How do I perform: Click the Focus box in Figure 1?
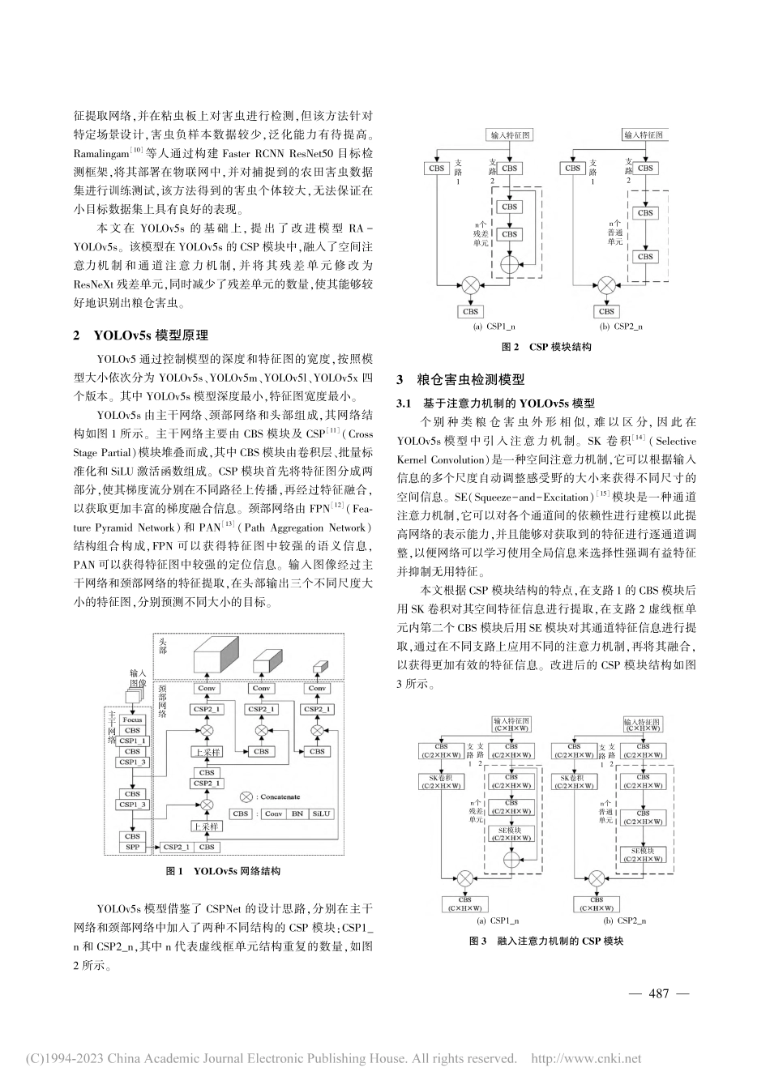click(132, 720)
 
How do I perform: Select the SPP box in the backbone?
click(132, 847)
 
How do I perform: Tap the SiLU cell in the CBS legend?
click(321, 814)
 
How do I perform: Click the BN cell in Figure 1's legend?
click(297, 814)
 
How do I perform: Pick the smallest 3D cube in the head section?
click(317, 667)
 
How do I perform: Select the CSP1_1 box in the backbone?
click(132, 741)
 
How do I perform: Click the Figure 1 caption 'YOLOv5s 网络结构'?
click(234, 872)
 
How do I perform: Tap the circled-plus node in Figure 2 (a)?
click(510, 264)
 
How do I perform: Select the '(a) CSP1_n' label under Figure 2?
click(494, 327)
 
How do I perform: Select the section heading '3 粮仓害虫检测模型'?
click(460, 379)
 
